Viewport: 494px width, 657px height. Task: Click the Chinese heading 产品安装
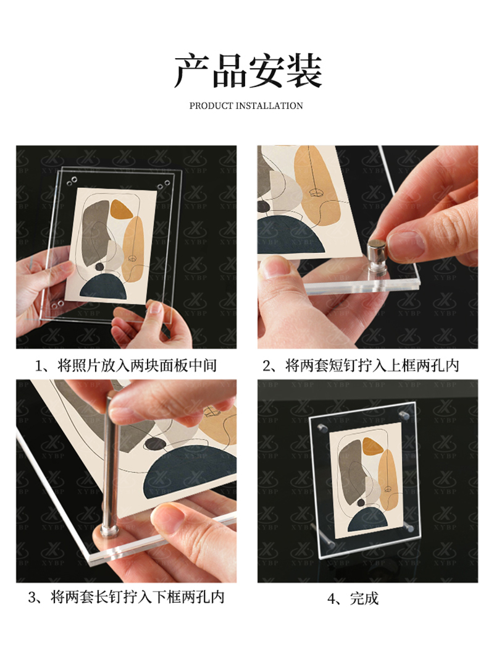248,71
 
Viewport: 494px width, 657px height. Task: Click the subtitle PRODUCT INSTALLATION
246,106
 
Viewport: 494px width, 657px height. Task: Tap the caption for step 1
125,365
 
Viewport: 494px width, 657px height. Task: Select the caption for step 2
361,365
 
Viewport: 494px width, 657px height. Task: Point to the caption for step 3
126,596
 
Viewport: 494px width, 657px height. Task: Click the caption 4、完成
353,598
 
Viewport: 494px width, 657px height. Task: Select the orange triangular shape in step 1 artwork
120,209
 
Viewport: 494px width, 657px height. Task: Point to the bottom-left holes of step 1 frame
58,304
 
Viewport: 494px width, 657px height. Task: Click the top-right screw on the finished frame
404,416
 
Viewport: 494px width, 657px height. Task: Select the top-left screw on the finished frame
322,428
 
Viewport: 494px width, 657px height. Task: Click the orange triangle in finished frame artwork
372,446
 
